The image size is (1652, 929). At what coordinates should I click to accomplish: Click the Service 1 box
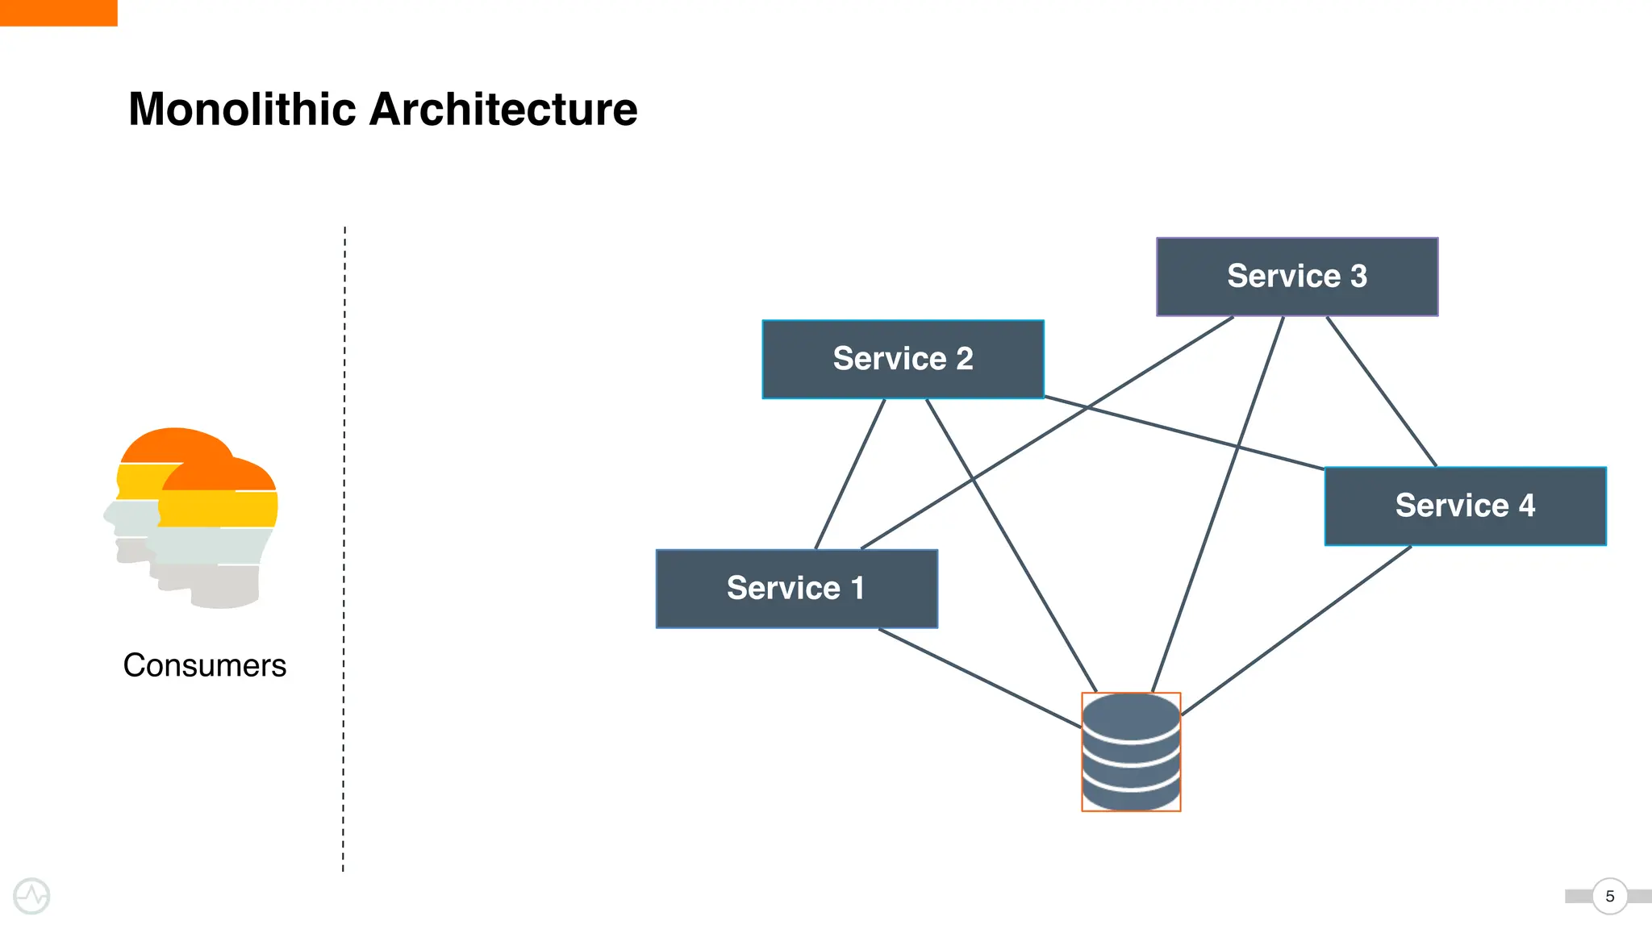click(x=797, y=589)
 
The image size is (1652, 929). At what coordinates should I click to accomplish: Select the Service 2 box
click(x=903, y=360)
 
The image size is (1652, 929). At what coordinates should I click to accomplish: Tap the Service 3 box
click(x=1297, y=277)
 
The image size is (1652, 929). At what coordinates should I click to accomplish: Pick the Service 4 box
click(x=1465, y=506)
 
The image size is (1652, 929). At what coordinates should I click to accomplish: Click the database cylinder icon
click(x=1131, y=752)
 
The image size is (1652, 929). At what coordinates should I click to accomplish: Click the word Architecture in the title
click(x=503, y=109)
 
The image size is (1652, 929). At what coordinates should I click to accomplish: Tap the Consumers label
click(x=204, y=665)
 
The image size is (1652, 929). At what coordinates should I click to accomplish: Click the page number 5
click(x=1609, y=896)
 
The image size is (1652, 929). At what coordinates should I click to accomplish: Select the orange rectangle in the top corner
click(x=58, y=12)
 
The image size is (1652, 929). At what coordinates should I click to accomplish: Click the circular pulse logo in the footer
click(x=31, y=896)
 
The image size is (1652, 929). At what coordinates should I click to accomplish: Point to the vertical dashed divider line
click(x=344, y=548)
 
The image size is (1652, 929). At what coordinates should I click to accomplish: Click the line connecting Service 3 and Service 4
click(x=1381, y=391)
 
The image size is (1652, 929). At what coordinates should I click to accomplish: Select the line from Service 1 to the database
click(x=979, y=678)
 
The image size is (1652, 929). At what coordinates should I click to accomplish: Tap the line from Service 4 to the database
click(x=1295, y=631)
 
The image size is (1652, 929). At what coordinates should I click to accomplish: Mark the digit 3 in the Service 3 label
click(x=1359, y=277)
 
